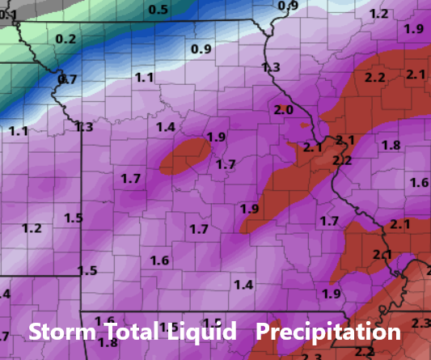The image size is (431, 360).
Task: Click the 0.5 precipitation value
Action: pos(158,9)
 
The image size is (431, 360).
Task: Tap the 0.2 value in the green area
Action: pos(66,39)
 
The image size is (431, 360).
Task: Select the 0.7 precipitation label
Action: pos(68,79)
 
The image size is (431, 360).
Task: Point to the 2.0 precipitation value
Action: pos(283,110)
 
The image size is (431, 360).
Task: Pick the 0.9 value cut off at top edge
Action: pos(288,6)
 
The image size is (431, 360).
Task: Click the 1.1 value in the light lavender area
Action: pos(144,78)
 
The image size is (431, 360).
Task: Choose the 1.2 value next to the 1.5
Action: pos(32,228)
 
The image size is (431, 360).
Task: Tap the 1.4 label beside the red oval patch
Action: pos(166,127)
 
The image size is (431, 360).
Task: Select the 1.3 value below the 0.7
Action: pos(82,127)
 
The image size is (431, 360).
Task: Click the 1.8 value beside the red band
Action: pos(391,145)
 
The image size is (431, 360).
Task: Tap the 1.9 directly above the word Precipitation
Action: pos(331,294)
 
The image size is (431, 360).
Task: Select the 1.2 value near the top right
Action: pos(378,14)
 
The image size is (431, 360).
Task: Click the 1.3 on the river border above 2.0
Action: pos(271,67)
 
